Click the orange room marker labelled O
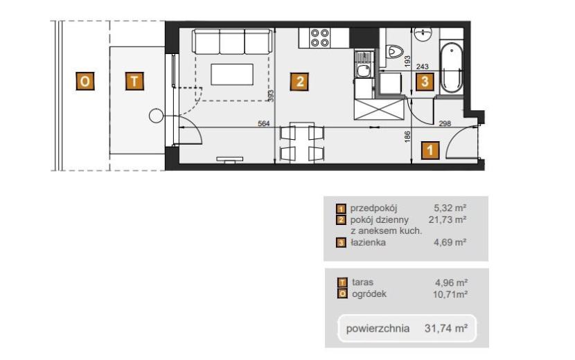pyautogui.click(x=85, y=81)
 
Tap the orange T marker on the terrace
pyautogui.click(x=134, y=81)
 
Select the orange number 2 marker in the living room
pyautogui.click(x=299, y=82)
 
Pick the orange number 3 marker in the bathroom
pyautogui.click(x=425, y=82)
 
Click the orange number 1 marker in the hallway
pyautogui.click(x=430, y=150)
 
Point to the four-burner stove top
pyautogui.click(x=320, y=38)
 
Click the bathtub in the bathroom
pyautogui.click(x=451, y=68)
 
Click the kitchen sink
pyautogui.click(x=364, y=71)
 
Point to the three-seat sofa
pyautogui.click(x=233, y=42)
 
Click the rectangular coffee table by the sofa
pyautogui.click(x=232, y=74)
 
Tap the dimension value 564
pyautogui.click(x=264, y=123)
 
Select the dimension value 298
pyautogui.click(x=445, y=123)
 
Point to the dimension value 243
pyautogui.click(x=423, y=66)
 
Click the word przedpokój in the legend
pyautogui.click(x=373, y=208)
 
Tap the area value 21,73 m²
pyautogui.click(x=448, y=219)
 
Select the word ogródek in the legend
pyautogui.click(x=369, y=294)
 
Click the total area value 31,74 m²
pyautogui.click(x=446, y=328)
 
